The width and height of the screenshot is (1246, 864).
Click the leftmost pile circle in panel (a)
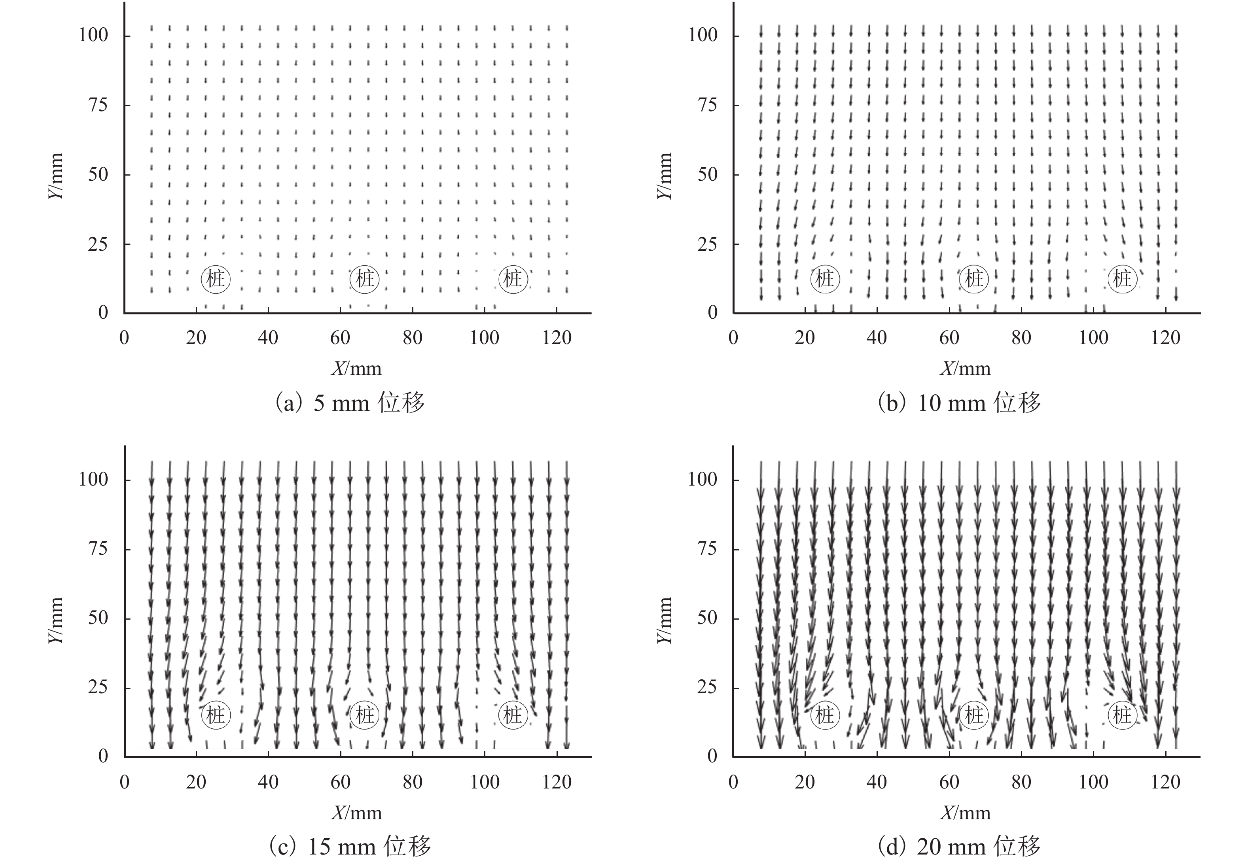pos(216,279)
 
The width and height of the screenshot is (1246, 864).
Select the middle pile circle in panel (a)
pos(364,279)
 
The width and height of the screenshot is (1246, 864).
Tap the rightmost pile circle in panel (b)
pos(1122,279)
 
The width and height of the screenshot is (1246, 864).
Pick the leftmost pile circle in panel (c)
pos(216,715)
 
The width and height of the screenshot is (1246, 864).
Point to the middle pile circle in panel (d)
pos(973,715)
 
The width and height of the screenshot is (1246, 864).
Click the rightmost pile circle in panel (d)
pos(1122,715)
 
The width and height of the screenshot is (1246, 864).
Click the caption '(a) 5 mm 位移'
pos(350,403)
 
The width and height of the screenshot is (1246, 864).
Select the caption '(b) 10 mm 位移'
pos(959,403)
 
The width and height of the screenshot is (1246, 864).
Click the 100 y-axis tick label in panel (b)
pos(703,35)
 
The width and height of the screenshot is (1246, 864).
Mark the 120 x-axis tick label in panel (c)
pos(557,782)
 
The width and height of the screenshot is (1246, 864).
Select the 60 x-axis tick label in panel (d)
pos(949,782)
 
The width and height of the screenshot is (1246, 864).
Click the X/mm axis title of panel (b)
pos(966,369)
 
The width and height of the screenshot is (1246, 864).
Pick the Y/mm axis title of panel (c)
pos(56,620)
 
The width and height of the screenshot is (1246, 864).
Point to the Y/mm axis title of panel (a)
pos(56,176)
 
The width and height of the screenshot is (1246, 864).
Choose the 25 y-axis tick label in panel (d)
pos(707,688)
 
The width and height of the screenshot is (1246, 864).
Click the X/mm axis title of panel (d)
pos(966,813)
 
